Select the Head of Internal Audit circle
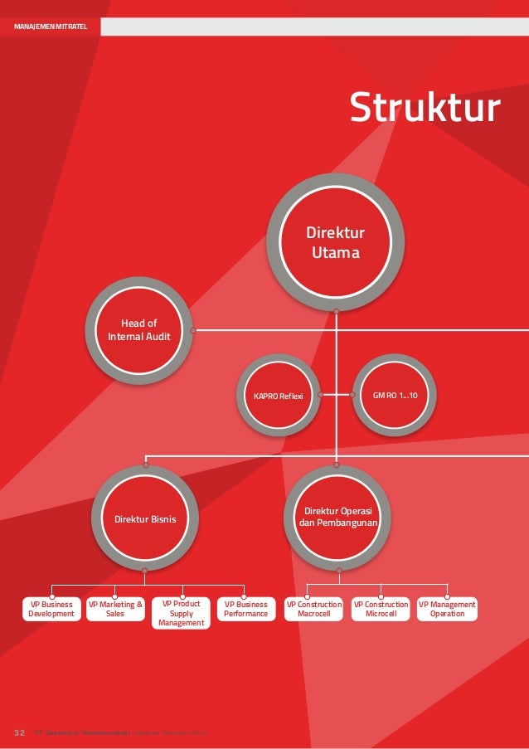pos(139,330)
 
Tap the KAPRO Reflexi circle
pos(273,396)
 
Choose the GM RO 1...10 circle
pos(396,396)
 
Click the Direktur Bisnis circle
pos(145,519)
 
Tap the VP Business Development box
pos(51,610)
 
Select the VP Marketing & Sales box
pos(115,610)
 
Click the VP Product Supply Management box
pos(181,613)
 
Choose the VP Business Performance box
pos(245,610)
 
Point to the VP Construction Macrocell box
pos(313,610)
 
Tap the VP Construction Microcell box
pos(381,610)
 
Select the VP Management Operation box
pos(447,610)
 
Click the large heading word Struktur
pos(425,108)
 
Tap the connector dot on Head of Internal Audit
pos(192,330)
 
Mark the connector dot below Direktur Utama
pos(336,310)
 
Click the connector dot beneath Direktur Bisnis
pos(145,570)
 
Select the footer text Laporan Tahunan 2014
pos(173,733)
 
